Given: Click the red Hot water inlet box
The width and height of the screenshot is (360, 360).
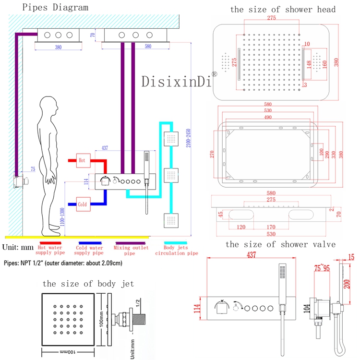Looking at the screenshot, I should [x=82, y=161].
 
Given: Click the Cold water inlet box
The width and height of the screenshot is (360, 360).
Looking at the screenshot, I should [x=82, y=204].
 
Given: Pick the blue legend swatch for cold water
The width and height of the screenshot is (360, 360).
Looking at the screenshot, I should [x=91, y=243].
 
